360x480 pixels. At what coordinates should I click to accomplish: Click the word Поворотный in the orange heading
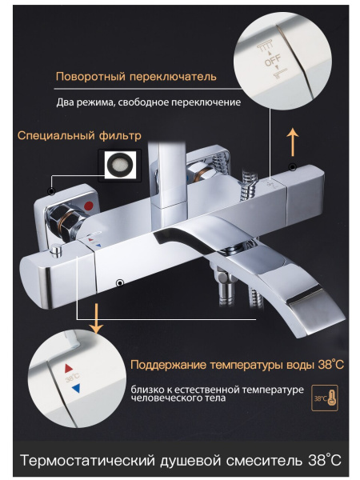[91, 77]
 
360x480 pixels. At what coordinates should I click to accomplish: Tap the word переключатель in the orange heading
[174, 77]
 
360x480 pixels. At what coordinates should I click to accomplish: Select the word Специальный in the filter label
[56, 135]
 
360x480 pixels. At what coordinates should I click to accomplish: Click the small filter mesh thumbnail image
[120, 164]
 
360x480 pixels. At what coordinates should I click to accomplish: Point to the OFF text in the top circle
[273, 60]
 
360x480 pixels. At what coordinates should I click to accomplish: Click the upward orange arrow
[294, 142]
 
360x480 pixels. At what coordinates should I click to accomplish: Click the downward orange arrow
[97, 318]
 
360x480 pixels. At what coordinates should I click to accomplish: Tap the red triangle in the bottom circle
[69, 368]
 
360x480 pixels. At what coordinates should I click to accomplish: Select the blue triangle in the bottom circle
[76, 388]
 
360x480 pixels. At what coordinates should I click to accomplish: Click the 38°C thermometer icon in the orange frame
[325, 398]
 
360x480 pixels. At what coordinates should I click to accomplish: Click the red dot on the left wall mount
[90, 206]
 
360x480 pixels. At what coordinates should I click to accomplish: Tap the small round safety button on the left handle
[56, 250]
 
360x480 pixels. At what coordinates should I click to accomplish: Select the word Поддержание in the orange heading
[169, 365]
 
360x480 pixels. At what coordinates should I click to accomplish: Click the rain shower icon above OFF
[265, 48]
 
